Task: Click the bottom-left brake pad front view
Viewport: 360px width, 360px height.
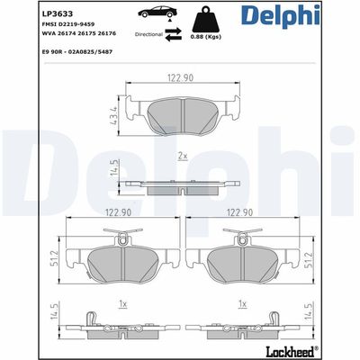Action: tap(119, 259)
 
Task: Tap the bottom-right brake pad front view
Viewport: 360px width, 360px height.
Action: tap(242, 259)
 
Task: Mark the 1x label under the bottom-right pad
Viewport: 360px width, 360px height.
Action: tap(240, 305)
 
